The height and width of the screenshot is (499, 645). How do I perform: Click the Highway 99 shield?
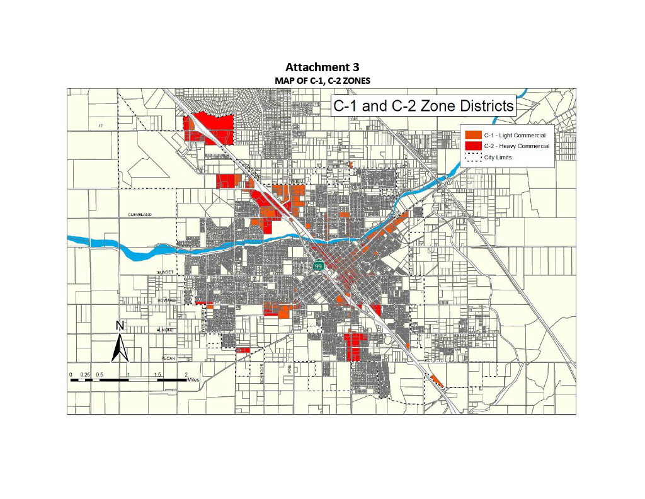(319, 266)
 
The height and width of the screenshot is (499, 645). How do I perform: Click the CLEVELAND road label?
(140, 215)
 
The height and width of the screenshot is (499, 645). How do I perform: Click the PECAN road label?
(167, 358)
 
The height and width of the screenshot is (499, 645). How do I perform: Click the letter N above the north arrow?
(120, 326)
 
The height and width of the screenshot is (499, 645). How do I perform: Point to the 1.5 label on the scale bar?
(158, 374)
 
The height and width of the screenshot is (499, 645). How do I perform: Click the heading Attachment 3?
(322, 67)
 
